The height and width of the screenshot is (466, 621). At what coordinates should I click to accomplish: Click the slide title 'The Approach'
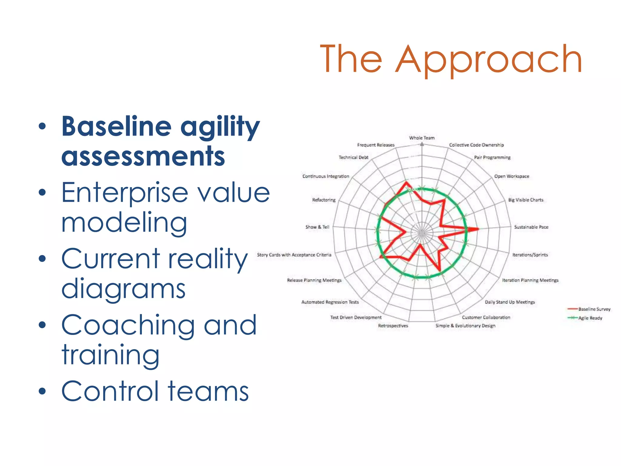[x=451, y=59]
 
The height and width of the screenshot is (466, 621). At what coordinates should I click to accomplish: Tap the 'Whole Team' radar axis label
[x=422, y=138]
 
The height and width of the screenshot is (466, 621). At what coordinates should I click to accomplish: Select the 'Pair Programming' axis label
[x=492, y=157]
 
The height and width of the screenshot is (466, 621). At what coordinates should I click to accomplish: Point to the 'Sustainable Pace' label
[x=531, y=227]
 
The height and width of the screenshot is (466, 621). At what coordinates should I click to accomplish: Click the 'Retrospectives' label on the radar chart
[x=393, y=326]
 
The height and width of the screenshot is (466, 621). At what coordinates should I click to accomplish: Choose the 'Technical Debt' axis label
[x=354, y=157]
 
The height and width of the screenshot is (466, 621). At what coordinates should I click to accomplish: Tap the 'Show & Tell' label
[x=317, y=227]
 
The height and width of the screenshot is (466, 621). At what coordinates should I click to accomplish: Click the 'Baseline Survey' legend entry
[x=594, y=309]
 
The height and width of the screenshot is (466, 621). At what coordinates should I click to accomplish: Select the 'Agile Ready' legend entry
[x=590, y=318]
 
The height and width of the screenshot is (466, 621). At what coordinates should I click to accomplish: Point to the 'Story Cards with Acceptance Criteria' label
[x=294, y=255]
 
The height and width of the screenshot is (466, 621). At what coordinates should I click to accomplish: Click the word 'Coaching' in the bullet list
[x=128, y=325]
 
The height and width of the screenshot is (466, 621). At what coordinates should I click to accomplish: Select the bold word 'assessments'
[x=143, y=156]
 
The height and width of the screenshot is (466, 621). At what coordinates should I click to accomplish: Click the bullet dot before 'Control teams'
[x=42, y=391]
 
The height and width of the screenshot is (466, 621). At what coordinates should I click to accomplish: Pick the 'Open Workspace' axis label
[x=512, y=176]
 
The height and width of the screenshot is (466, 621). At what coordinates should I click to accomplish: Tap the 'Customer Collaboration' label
[x=486, y=317]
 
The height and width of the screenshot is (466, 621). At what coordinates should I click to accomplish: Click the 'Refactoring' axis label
[x=324, y=200]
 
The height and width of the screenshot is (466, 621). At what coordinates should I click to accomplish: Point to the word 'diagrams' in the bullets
[x=123, y=289]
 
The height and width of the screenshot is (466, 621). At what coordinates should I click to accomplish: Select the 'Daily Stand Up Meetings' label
[x=510, y=302]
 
